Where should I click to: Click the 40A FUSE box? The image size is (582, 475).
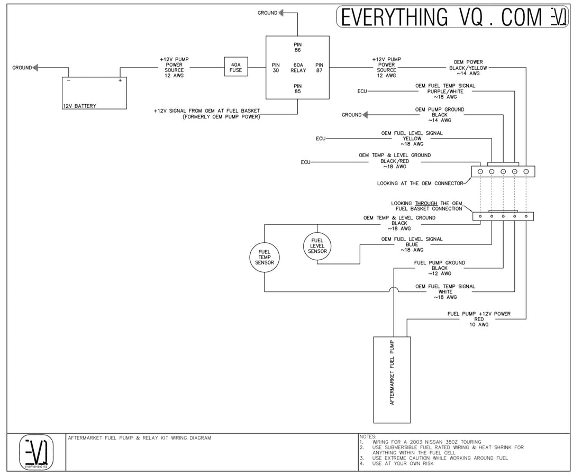(x=236, y=68)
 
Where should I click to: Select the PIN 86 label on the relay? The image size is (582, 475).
(x=297, y=46)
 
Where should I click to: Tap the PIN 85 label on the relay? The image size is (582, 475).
(x=297, y=88)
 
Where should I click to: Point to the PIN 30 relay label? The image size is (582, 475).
(x=276, y=68)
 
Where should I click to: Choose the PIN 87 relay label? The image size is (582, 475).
(x=319, y=68)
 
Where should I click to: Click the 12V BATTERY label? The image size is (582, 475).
(x=79, y=106)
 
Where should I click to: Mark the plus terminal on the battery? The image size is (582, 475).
(x=120, y=80)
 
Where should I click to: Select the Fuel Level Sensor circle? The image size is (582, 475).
(x=317, y=246)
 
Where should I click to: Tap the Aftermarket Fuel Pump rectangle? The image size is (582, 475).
(x=392, y=380)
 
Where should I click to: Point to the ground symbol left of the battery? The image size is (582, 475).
(x=36, y=68)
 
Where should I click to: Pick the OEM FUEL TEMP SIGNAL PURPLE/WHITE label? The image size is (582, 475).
(x=445, y=91)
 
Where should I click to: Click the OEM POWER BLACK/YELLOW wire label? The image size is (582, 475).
(x=468, y=68)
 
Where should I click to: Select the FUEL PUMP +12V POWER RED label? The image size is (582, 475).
(x=479, y=319)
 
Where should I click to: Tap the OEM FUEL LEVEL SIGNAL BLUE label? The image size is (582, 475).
(x=412, y=244)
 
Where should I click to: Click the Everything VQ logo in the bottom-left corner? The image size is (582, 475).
(x=37, y=452)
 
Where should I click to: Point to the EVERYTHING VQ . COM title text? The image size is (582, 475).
(x=442, y=17)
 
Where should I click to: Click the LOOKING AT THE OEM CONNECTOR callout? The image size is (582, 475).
(x=420, y=184)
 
